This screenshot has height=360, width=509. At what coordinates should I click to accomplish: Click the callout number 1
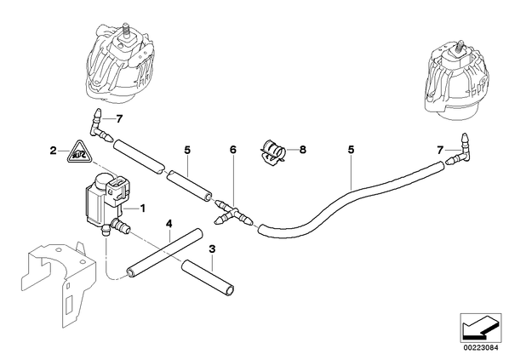click(x=142, y=208)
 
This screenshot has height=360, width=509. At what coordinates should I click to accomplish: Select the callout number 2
click(x=53, y=151)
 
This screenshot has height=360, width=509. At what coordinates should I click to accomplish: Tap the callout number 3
click(x=212, y=249)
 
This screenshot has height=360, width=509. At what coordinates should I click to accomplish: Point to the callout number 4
click(x=169, y=224)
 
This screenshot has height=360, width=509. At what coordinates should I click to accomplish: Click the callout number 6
click(x=233, y=150)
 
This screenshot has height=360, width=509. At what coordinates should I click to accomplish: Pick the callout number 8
click(x=302, y=150)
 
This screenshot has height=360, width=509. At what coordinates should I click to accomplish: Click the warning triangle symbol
click(x=79, y=152)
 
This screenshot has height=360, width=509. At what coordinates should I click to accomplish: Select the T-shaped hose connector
click(x=233, y=214)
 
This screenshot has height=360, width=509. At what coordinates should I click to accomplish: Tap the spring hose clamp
click(x=273, y=151)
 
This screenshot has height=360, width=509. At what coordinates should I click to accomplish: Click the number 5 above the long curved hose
click(x=351, y=150)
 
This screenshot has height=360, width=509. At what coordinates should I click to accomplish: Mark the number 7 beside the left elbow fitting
click(x=119, y=119)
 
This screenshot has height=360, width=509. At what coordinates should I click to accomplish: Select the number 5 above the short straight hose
click(x=187, y=150)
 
